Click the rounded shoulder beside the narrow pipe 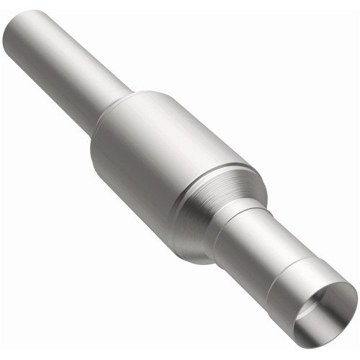tap(126, 108)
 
